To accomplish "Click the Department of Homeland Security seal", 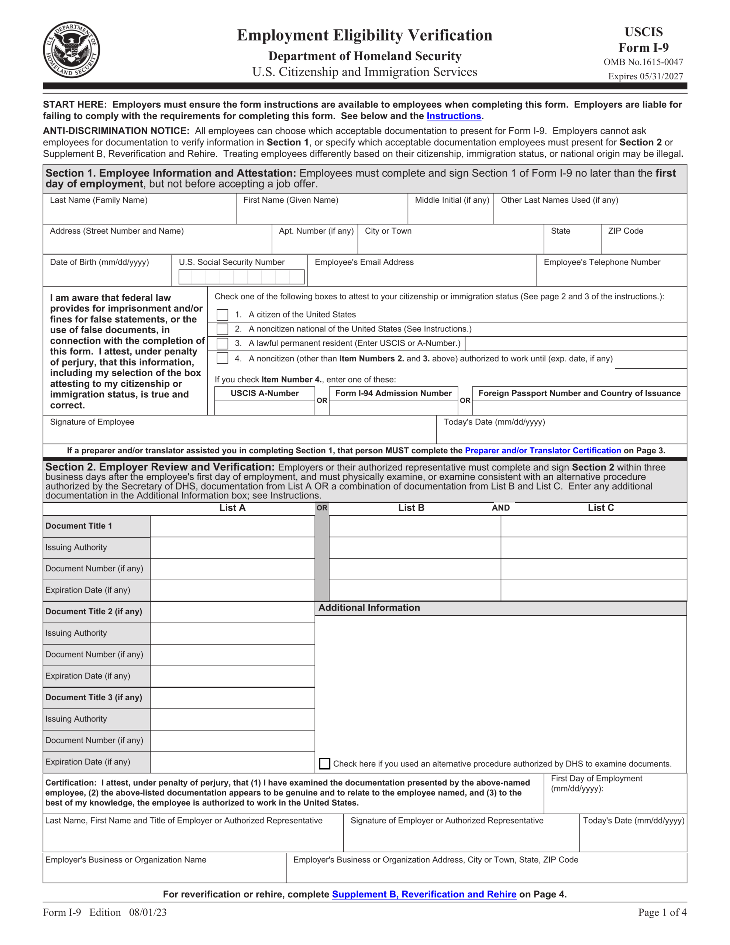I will click(x=71, y=50).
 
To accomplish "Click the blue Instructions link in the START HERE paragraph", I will click(x=454, y=116).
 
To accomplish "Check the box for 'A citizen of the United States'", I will click(x=223, y=315).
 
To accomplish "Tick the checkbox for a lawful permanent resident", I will click(x=223, y=344).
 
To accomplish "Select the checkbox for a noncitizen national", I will click(x=223, y=329).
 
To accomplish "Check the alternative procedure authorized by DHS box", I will click(x=324, y=764).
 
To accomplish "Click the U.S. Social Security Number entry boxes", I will click(x=241, y=277).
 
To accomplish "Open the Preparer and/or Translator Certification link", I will click(x=543, y=450).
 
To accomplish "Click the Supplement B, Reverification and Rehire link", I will click(x=424, y=894).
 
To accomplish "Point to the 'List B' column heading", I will click(x=411, y=508).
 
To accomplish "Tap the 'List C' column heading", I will click(x=600, y=508).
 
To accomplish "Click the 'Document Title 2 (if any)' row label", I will click(x=94, y=611).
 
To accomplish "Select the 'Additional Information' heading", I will click(x=369, y=608).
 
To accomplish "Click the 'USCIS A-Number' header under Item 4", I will click(x=264, y=393).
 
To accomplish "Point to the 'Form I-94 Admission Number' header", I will click(x=393, y=393).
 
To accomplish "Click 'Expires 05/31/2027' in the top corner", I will click(x=645, y=76).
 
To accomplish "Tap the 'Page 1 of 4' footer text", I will click(x=662, y=913).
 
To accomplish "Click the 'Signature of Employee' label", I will click(x=92, y=422).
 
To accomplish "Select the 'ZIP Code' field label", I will click(x=625, y=231).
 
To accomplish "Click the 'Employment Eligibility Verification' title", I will click(x=364, y=35).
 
